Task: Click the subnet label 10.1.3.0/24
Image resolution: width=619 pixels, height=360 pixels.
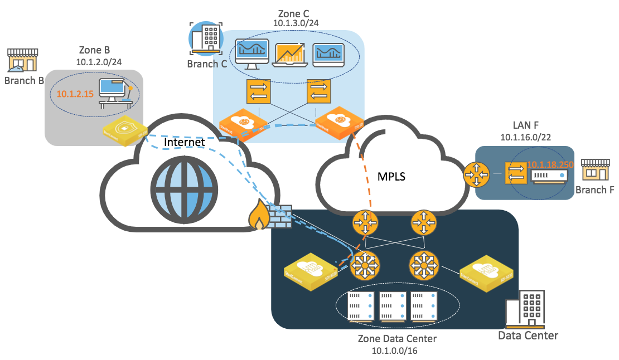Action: tap(296, 23)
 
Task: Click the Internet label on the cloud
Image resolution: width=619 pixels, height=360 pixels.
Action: tap(185, 143)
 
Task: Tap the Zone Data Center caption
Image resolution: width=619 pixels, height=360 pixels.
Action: tap(396, 338)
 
